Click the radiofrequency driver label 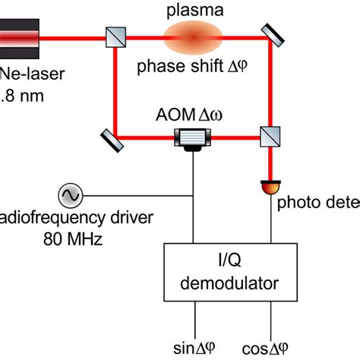click(x=76, y=219)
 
